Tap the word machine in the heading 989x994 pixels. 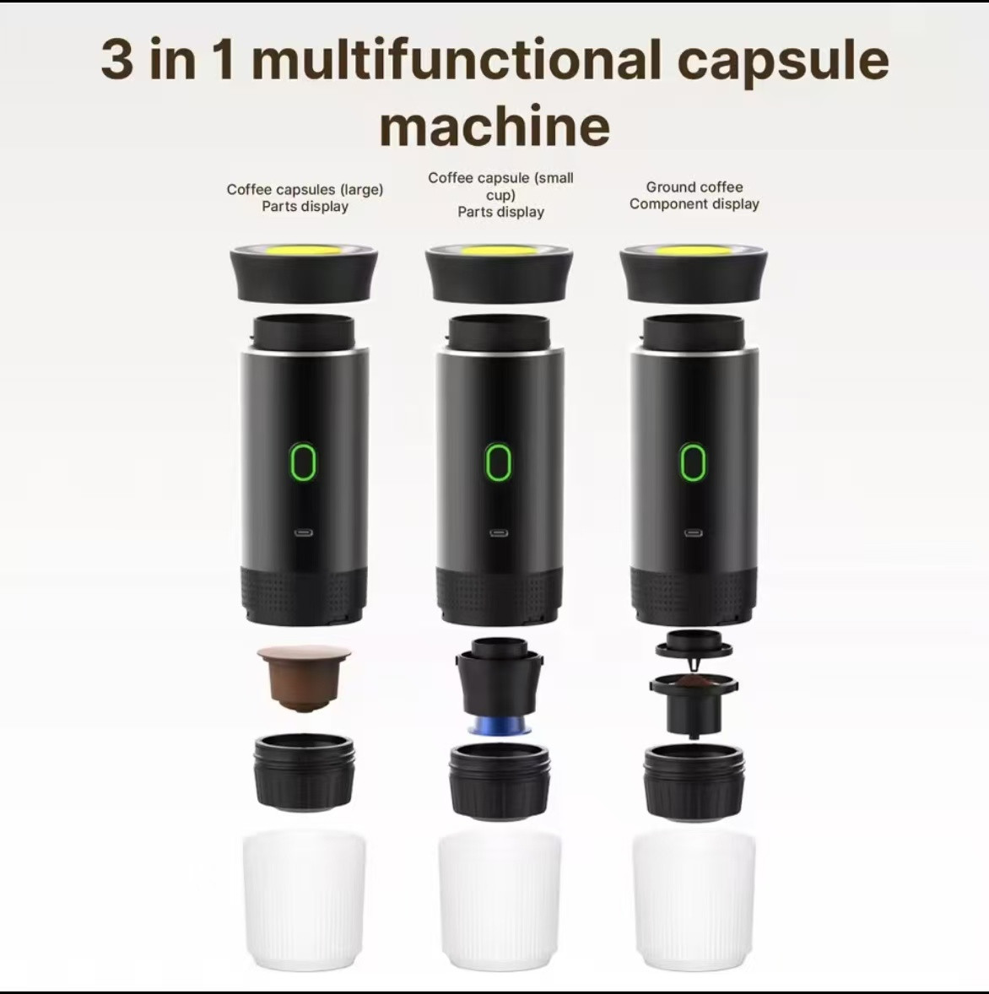coord(494,126)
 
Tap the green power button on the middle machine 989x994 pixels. coord(499,462)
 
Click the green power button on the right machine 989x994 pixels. coord(692,462)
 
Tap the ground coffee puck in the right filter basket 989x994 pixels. coord(694,682)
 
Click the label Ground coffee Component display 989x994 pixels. coord(694,195)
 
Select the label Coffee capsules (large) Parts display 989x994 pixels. coord(305,197)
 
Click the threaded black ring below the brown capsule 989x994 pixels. coord(305,774)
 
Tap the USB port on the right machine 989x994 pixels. coord(693,532)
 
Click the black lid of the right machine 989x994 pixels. coord(694,274)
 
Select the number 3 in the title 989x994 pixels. coord(117,60)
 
